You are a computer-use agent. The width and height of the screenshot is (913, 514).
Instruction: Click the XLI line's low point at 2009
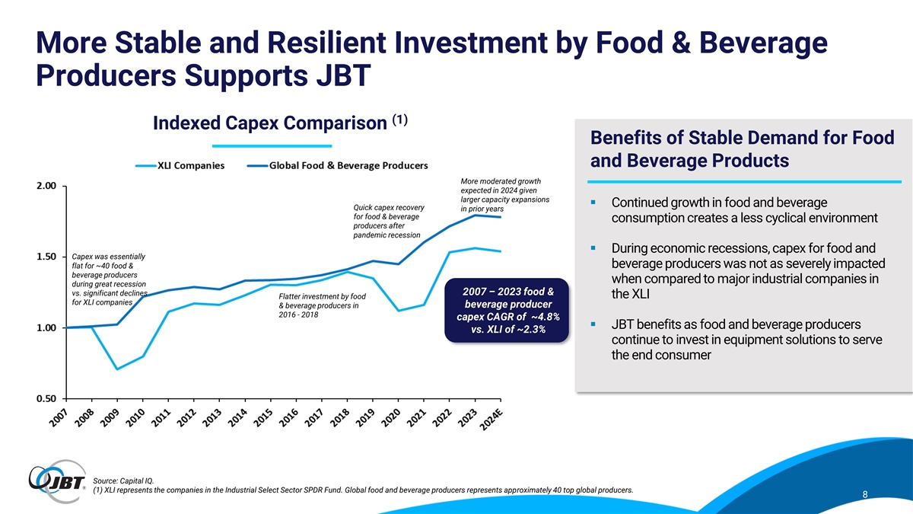point(117,369)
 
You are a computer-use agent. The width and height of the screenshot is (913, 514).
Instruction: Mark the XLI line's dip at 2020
point(398,310)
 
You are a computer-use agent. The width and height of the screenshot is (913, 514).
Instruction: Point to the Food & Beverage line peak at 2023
point(475,215)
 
